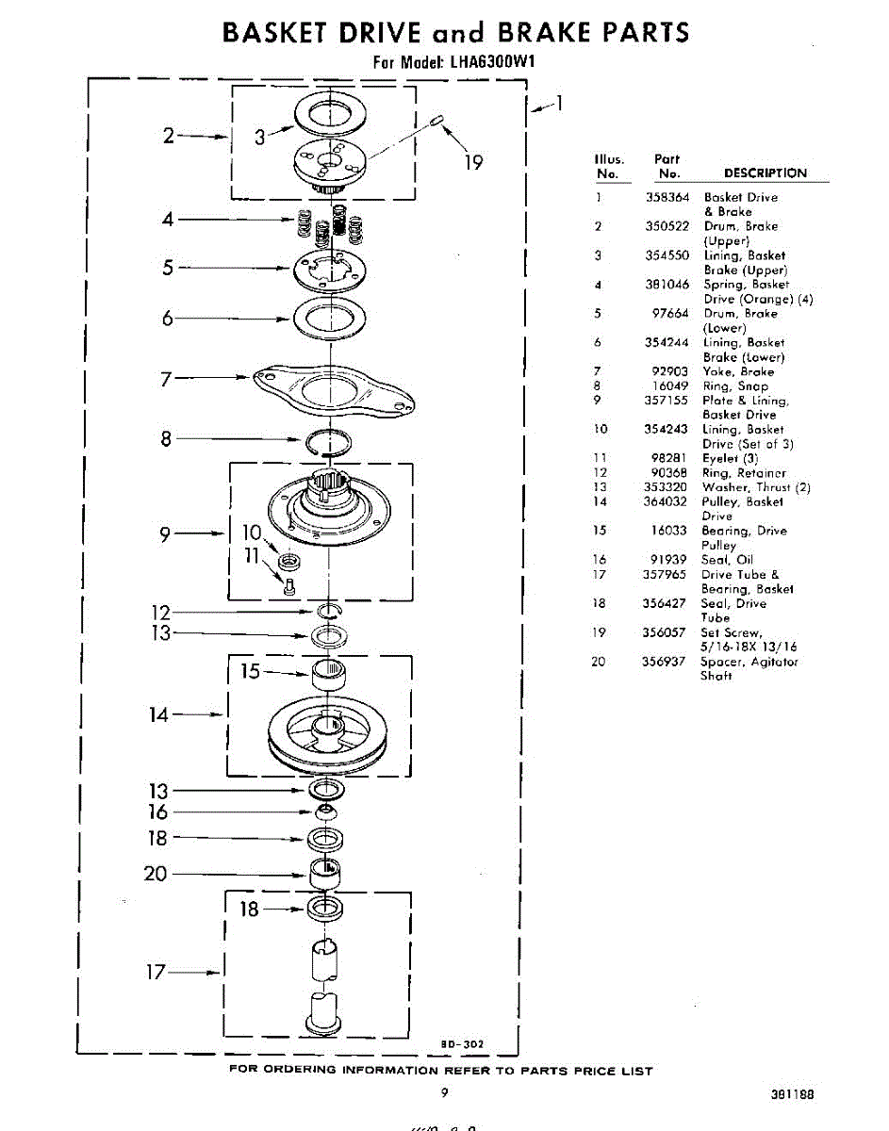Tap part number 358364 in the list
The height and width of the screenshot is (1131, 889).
point(667,198)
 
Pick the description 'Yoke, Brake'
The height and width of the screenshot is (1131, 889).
point(738,372)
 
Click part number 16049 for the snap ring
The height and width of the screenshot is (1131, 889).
point(670,386)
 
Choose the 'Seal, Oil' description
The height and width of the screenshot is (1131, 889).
point(727,560)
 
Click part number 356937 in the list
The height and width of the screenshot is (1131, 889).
point(666,662)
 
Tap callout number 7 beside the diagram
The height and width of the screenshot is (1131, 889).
point(166,380)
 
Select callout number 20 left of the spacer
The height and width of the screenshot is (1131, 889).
point(155,874)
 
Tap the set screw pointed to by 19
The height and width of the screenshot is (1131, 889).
point(437,119)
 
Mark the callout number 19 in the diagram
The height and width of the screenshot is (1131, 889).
point(473,163)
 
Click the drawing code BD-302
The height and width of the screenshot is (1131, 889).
point(462,1043)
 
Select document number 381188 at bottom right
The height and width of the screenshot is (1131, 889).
point(791,1095)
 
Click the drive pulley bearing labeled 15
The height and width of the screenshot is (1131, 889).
point(330,675)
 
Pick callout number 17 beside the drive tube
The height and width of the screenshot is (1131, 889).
point(156,972)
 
